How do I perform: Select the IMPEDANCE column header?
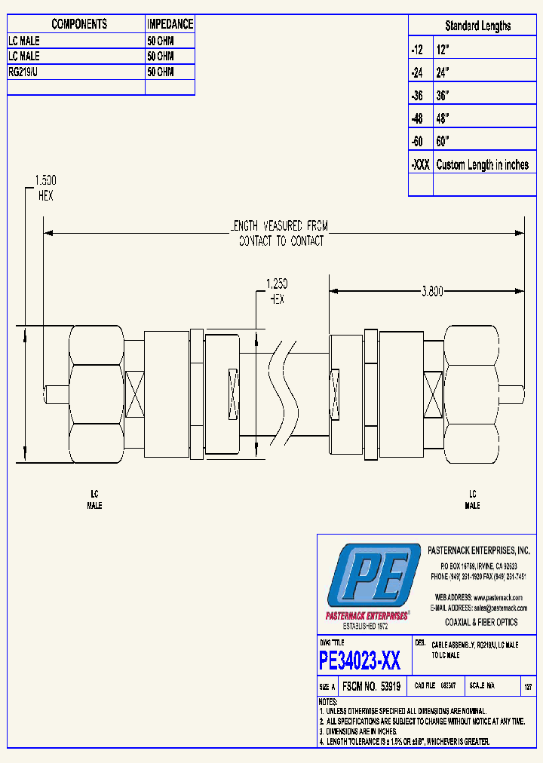pos(170,24)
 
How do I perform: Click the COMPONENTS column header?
pos(79,24)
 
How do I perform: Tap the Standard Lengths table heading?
pos(477,26)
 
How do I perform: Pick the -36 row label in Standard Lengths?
pos(418,96)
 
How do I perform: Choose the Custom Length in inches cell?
pos(482,164)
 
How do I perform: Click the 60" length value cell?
pos(443,142)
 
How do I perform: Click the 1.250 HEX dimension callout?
pos(277,291)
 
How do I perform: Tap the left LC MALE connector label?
pos(94,500)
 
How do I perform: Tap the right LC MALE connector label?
pos(472,500)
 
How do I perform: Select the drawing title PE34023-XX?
pos(360,661)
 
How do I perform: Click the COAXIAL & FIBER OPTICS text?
pos(481,622)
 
